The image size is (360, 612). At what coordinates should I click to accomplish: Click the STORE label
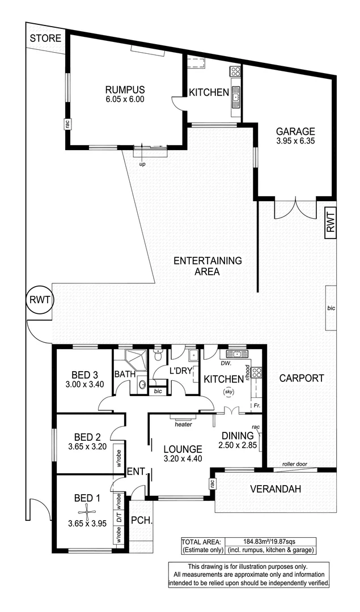tap(46, 39)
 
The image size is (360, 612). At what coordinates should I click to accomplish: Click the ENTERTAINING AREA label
tap(207, 266)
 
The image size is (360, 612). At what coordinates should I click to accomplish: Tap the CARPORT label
tap(302, 378)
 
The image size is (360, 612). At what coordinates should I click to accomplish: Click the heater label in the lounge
tap(184, 423)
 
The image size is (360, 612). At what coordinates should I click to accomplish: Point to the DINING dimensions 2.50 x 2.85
tap(238, 445)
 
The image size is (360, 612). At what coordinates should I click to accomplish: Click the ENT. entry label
tap(135, 470)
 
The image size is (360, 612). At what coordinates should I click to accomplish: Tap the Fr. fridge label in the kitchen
tap(257, 406)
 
